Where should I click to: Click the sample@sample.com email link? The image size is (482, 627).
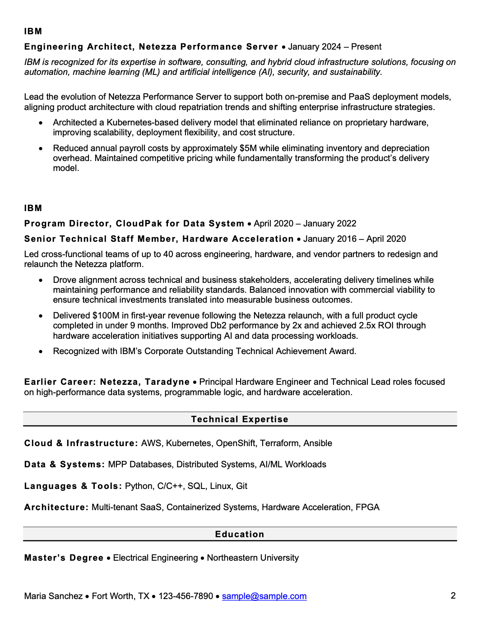264,596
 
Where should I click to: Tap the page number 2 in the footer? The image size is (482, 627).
453,595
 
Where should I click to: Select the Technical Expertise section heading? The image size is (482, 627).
240,419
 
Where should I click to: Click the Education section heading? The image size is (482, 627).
240,534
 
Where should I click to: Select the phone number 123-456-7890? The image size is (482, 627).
185,596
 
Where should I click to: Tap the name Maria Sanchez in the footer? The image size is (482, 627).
53,596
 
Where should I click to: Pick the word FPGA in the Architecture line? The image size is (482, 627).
367,507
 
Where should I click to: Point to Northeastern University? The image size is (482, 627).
253,558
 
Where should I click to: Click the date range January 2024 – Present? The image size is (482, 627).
334,46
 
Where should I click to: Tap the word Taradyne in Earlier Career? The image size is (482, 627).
167,382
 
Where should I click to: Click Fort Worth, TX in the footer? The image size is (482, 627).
120,596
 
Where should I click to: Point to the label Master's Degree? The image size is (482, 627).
64,558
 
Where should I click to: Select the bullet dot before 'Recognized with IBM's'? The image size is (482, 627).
41,351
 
